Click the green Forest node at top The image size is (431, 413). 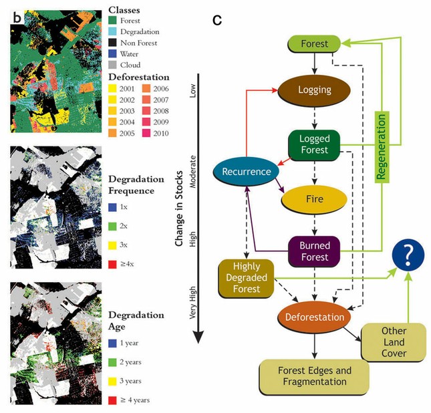[x=314, y=45]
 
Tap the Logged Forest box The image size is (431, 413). [x=313, y=144]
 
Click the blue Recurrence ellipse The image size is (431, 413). [x=247, y=172]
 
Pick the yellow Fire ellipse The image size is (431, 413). [x=314, y=198]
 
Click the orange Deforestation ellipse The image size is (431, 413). [x=313, y=317]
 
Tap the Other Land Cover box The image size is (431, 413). [x=394, y=341]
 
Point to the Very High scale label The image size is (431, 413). [x=193, y=319]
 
